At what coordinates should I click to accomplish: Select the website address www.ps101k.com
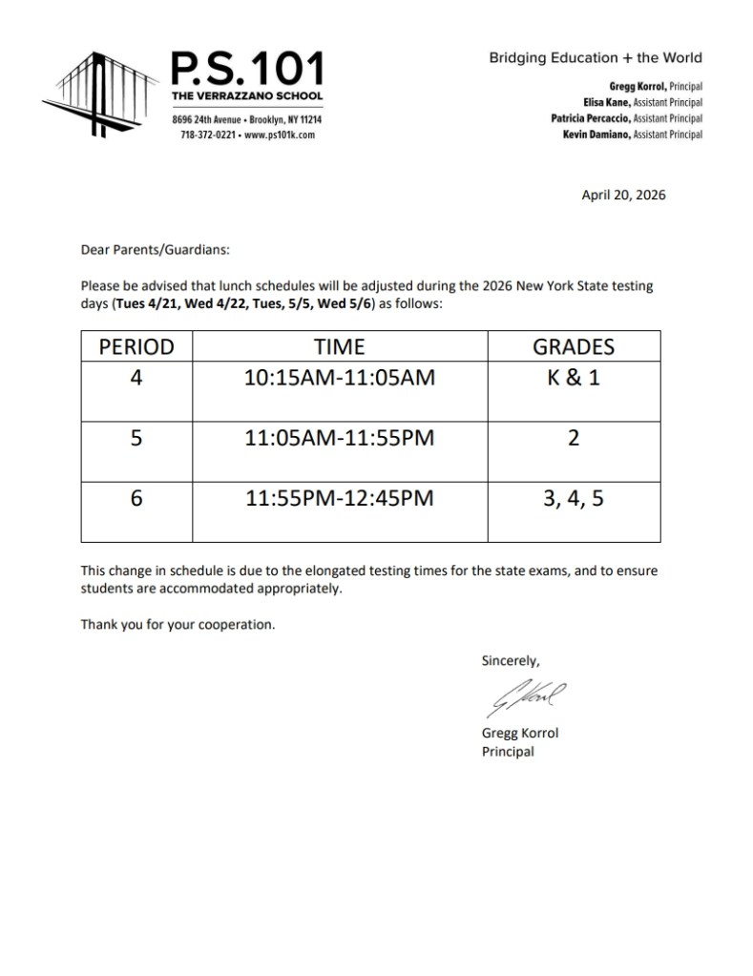[280, 135]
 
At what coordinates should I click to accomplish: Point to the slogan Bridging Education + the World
[596, 57]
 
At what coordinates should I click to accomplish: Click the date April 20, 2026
[623, 196]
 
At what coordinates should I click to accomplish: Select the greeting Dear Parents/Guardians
[156, 251]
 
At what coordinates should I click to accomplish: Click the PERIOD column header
[136, 347]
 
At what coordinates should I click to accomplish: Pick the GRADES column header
[573, 347]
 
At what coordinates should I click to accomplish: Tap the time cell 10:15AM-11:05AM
[340, 378]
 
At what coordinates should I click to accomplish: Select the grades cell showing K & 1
[573, 378]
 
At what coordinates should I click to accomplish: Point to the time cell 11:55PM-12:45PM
[340, 498]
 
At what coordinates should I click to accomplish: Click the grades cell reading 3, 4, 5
[573, 498]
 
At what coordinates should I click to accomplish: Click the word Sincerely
[512, 659]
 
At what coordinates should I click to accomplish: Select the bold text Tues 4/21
[145, 303]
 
